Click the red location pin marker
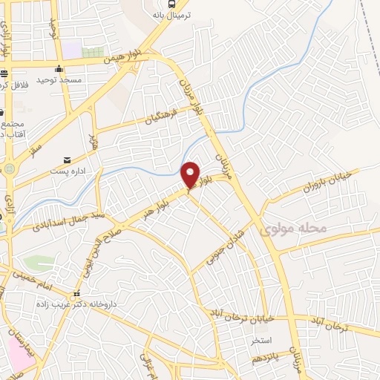[191, 174]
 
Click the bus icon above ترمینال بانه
[172, 4]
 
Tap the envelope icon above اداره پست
[68, 160]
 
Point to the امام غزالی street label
[147, 366]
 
